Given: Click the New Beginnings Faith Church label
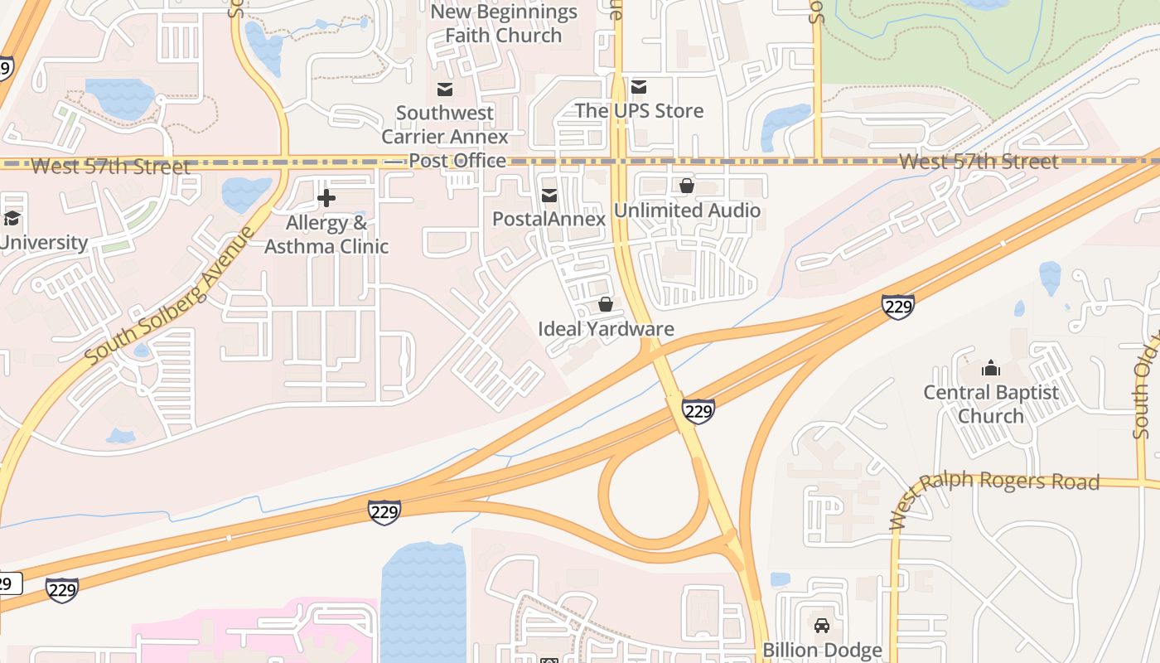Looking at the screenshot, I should [503, 24].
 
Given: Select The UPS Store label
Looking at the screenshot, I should [639, 110].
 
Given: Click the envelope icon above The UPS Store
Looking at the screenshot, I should [639, 87].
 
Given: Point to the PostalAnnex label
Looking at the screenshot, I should [549, 218].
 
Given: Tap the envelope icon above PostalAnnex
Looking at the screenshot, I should [549, 196].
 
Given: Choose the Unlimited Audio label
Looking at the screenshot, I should [687, 211].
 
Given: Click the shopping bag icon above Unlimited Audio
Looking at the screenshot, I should [687, 186].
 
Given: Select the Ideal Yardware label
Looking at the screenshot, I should [606, 328].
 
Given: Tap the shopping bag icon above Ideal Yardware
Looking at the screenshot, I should [606, 305].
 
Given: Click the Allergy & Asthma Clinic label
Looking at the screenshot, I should [326, 235].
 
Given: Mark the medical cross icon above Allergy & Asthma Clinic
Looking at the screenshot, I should [326, 198].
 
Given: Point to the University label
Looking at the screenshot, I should [43, 243].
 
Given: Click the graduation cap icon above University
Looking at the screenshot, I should [12, 219].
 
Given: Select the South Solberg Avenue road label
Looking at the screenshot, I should [170, 296].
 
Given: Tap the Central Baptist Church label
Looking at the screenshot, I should [991, 404].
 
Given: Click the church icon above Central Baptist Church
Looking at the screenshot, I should [990, 369].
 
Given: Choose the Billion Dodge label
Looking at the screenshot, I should [822, 651].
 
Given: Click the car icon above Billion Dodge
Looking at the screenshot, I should [822, 626].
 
